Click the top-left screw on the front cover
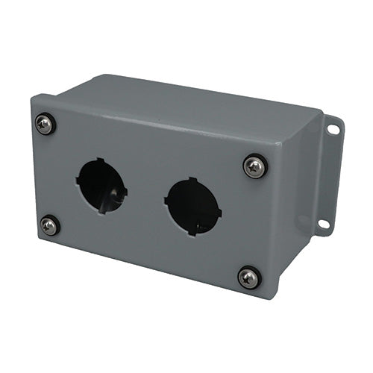click(x=46, y=124)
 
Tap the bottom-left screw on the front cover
click(x=50, y=225)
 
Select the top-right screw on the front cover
click(x=255, y=166)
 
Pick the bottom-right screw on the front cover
click(x=249, y=278)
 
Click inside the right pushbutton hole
click(x=193, y=206)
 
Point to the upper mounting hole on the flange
click(x=333, y=130)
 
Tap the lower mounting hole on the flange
click(x=323, y=223)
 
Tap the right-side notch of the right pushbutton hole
click(x=220, y=210)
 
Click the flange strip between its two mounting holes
click(x=328, y=178)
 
